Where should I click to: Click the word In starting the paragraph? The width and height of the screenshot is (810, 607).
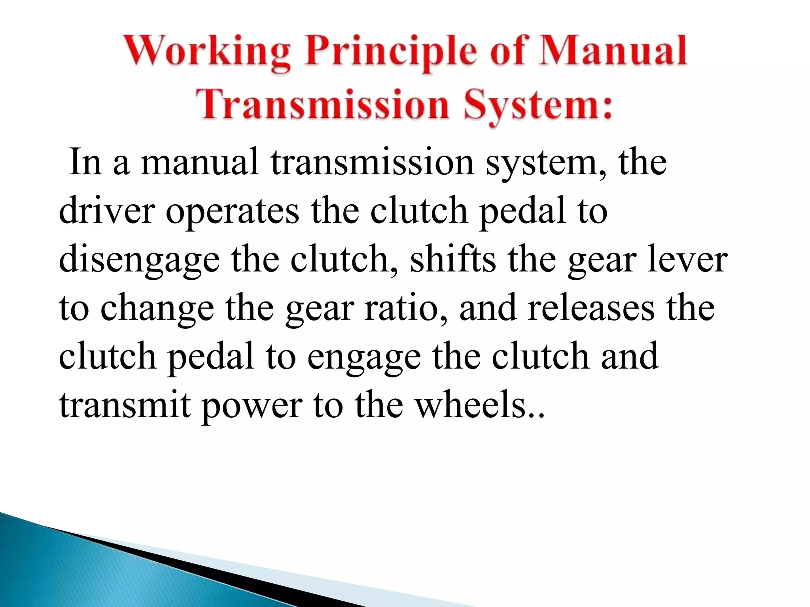pos(85,162)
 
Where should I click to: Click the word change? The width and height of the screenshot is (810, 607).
pos(157,309)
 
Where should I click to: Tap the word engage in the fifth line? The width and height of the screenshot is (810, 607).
pos(364,358)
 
